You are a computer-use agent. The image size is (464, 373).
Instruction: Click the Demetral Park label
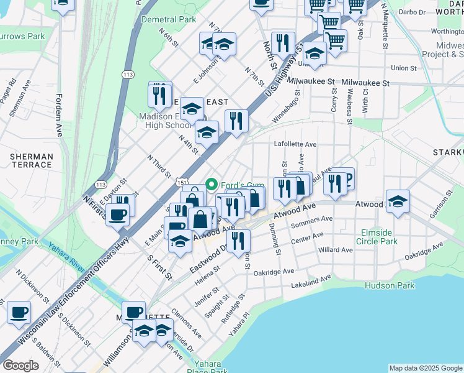click(169, 19)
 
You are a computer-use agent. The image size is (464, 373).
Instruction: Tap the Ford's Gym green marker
click(212, 184)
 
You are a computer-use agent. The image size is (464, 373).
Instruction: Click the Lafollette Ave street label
click(295, 144)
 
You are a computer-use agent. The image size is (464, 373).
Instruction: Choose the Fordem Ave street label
click(60, 115)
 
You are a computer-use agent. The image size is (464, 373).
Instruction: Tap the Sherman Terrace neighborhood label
click(30, 160)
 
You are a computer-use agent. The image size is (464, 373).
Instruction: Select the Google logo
click(20, 366)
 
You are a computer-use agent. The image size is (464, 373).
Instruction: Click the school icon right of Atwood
click(398, 200)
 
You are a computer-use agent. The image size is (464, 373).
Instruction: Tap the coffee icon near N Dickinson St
click(19, 312)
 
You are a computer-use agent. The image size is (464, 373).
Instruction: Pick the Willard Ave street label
click(335, 250)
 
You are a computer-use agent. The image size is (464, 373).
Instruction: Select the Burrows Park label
click(23, 37)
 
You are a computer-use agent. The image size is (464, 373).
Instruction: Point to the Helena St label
click(208, 275)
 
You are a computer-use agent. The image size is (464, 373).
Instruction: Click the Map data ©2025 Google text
click(426, 368)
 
